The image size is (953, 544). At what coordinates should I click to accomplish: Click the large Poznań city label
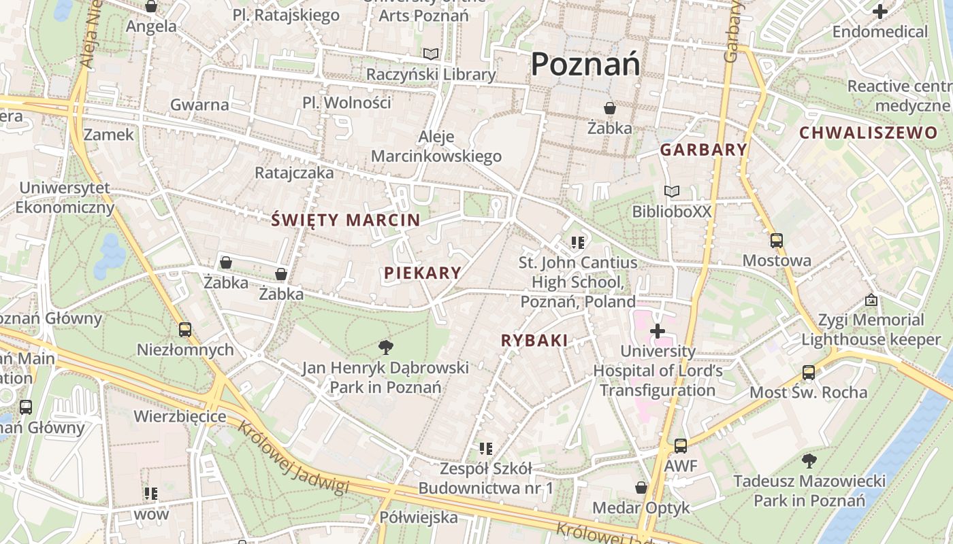pyautogui.click(x=585, y=65)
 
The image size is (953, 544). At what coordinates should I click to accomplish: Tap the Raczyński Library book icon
pyautogui.click(x=431, y=54)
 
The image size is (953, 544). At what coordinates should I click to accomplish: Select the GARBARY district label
pyautogui.click(x=704, y=150)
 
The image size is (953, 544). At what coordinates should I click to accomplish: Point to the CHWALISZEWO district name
pyautogui.click(x=868, y=133)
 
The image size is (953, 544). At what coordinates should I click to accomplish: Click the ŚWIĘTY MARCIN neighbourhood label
pyautogui.click(x=346, y=220)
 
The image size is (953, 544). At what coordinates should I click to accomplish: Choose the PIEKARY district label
pyautogui.click(x=423, y=273)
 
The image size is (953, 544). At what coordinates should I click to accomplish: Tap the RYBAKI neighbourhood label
pyautogui.click(x=534, y=341)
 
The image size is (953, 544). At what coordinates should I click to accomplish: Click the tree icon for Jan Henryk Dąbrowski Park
pyautogui.click(x=385, y=347)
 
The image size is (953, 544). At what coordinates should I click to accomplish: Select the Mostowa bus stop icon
pyautogui.click(x=776, y=241)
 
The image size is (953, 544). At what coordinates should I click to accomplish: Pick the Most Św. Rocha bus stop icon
pyautogui.click(x=809, y=373)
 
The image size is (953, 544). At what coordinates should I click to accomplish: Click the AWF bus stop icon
pyautogui.click(x=681, y=446)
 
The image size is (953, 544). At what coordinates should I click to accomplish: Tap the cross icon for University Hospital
pyautogui.click(x=658, y=331)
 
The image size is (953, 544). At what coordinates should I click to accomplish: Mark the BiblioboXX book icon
pyautogui.click(x=672, y=192)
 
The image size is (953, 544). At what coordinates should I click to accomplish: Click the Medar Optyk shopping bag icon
pyautogui.click(x=641, y=488)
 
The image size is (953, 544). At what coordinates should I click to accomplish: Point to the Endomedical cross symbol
pyautogui.click(x=880, y=11)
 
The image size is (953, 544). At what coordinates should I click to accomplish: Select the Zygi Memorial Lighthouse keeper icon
pyautogui.click(x=871, y=300)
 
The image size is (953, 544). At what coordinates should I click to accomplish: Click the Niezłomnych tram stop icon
pyautogui.click(x=184, y=330)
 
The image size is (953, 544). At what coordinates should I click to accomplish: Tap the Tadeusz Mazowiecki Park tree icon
pyautogui.click(x=809, y=461)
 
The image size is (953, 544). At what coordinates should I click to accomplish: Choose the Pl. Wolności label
pyautogui.click(x=347, y=103)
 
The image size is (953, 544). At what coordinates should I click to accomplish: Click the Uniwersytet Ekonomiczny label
pyautogui.click(x=65, y=198)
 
